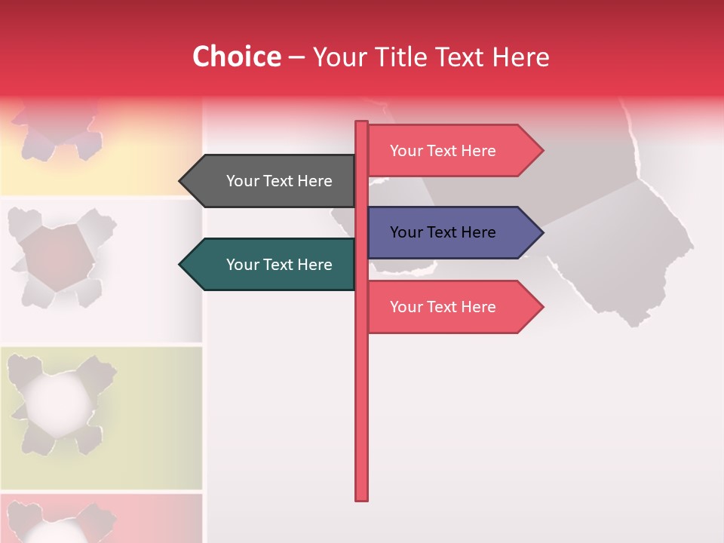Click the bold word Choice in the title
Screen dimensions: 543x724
coord(236,57)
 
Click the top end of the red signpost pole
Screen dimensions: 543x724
coord(362,124)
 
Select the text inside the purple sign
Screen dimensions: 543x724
coord(443,232)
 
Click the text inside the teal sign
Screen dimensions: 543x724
coord(279,265)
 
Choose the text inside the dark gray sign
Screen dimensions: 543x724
coord(279,181)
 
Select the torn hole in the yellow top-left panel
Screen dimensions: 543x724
coord(57,132)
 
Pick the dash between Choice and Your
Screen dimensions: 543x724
coord(296,57)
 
